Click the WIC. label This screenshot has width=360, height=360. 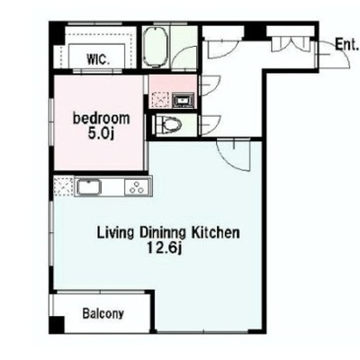(98, 59)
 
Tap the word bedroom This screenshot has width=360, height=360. (102, 119)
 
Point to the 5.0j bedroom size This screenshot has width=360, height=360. (101, 133)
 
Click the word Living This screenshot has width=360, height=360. (115, 233)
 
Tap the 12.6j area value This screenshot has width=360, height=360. (165, 247)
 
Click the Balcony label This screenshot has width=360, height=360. (103, 314)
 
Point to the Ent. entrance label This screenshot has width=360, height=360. (346, 45)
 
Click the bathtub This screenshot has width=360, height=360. (155, 47)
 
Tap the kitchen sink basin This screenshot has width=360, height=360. (89, 187)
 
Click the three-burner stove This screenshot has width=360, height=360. (138, 187)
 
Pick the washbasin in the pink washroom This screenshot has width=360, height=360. (183, 100)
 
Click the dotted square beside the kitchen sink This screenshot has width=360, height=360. (64, 186)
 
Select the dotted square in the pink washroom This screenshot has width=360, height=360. (161, 99)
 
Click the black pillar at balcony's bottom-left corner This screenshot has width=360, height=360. (57, 325)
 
